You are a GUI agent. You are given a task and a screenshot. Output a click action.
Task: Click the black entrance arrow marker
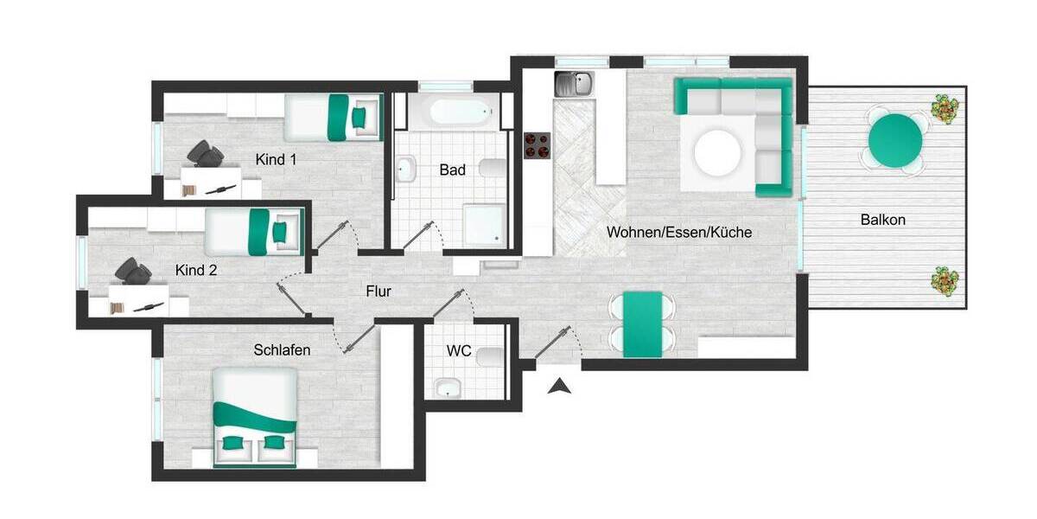tap(560, 387)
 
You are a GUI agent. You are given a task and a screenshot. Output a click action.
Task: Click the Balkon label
tap(882, 220)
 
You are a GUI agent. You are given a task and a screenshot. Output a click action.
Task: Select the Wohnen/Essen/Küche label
tap(679, 232)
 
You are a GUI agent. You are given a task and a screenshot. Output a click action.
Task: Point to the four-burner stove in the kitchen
tap(538, 145)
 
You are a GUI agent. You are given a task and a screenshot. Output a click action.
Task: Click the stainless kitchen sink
tap(574, 85)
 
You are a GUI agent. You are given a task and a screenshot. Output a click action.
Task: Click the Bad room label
tap(452, 170)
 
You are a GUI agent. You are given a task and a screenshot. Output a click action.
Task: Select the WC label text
tap(459, 351)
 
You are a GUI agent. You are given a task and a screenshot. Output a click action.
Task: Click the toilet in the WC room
tap(490, 356)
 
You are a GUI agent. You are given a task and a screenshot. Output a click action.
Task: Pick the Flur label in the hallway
tap(379, 292)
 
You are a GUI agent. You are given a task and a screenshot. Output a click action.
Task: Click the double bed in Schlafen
tap(255, 418)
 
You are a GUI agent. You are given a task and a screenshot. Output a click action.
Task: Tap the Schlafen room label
tap(282, 349)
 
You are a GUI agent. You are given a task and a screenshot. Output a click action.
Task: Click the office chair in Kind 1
tap(207, 153)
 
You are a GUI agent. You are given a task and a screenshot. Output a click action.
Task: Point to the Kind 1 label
tap(276, 160)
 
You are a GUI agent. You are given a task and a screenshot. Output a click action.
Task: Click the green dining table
tap(642, 324)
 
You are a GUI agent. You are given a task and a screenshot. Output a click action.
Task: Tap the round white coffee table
tap(717, 151)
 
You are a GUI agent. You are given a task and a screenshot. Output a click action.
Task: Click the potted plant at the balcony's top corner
tap(945, 108)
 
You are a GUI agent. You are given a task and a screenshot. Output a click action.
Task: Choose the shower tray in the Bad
tap(481, 224)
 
